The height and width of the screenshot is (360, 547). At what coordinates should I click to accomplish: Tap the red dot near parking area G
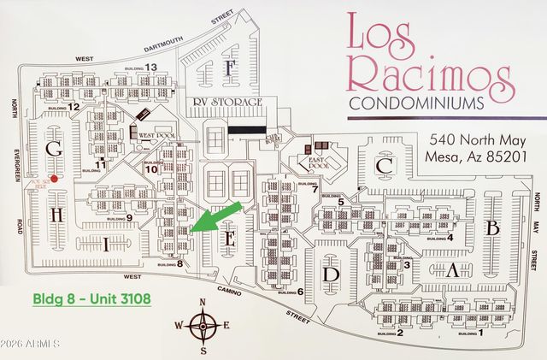click(x=54, y=179)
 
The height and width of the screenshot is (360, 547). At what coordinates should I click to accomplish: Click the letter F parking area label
click(x=229, y=69)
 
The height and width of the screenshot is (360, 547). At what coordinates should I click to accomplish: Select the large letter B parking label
click(x=491, y=228)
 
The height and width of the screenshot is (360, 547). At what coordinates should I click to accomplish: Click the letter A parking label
click(x=455, y=271)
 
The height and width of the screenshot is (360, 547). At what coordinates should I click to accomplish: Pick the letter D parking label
click(x=331, y=274)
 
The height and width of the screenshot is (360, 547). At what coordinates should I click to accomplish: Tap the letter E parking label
click(x=228, y=240)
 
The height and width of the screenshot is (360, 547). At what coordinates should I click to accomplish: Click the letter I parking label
click(x=106, y=245)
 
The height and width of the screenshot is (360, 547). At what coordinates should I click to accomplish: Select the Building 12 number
click(x=74, y=107)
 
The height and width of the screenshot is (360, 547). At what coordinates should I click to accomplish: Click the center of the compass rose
click(x=203, y=325)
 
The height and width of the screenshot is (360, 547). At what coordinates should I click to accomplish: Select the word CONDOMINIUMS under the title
click(x=415, y=103)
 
